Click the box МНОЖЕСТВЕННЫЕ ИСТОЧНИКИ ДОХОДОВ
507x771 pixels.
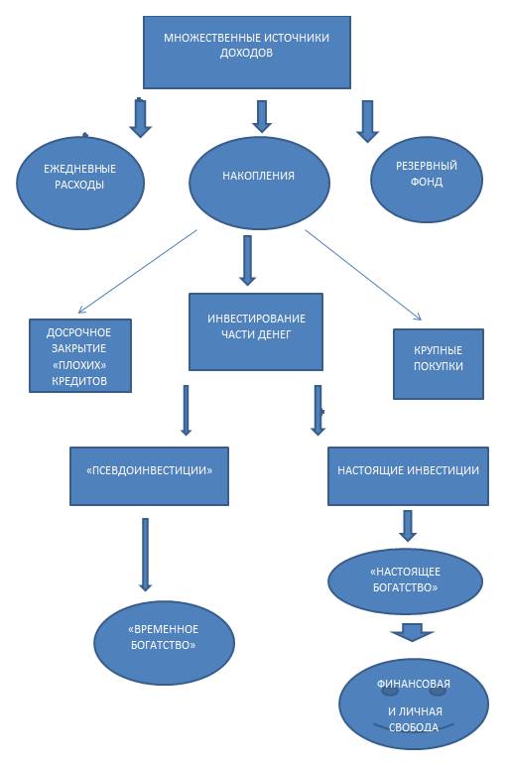pos(246,53)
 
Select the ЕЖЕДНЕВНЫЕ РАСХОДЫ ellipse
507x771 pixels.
pos(80,183)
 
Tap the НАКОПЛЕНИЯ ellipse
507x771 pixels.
pos(259,183)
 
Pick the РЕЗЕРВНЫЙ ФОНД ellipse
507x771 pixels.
pos(427,180)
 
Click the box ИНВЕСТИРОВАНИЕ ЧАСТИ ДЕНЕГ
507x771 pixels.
pos(256,331)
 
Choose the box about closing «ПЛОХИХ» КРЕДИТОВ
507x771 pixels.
pos(80,355)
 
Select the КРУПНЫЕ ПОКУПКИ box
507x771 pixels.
pos(439,364)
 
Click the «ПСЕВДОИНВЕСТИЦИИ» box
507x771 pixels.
pos(149,476)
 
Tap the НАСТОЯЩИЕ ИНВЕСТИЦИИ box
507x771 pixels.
pos(408,476)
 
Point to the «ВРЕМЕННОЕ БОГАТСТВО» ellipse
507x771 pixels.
pos(164,643)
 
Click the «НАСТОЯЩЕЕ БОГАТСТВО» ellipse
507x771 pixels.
pos(405,581)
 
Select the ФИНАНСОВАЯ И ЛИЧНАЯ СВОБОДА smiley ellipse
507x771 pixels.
pos(413,707)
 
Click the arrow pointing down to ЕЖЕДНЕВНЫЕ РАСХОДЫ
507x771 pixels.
pos(140,117)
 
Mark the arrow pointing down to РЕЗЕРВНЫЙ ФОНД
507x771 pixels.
pos(367,121)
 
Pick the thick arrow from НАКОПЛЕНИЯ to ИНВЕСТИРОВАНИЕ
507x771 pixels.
pos(247,261)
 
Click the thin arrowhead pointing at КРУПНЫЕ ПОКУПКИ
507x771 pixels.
pos(418,316)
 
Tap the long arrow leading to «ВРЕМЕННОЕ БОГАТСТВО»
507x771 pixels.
pos(145,554)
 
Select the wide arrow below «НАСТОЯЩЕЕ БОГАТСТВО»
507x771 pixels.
pos(412,632)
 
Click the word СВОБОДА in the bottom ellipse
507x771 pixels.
pos(413,727)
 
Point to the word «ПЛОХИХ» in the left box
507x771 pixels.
pos(79,364)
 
